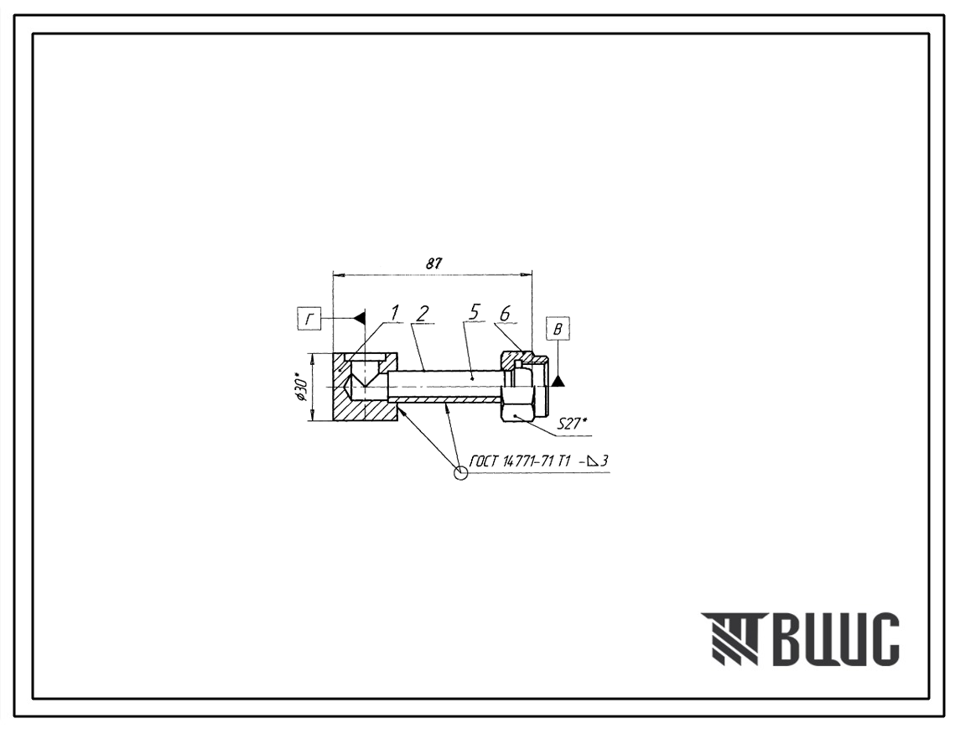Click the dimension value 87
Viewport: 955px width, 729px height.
pyautogui.click(x=433, y=264)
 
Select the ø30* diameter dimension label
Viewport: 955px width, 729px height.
pyautogui.click(x=301, y=387)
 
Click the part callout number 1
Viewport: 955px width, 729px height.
pyautogui.click(x=395, y=313)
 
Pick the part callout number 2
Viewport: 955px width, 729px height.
pyautogui.click(x=422, y=313)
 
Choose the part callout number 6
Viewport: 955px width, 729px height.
pyautogui.click(x=504, y=313)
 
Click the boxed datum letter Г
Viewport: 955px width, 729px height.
pyautogui.click(x=309, y=319)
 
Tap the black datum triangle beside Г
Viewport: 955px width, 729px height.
pyautogui.click(x=360, y=318)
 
